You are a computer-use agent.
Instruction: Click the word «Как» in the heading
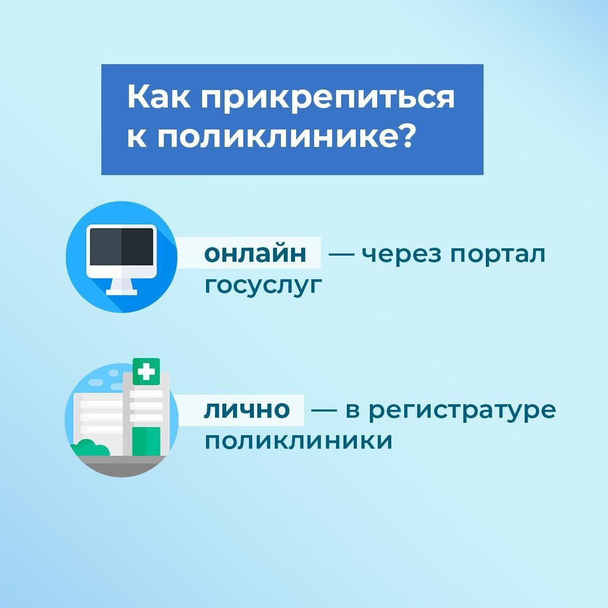click(x=159, y=97)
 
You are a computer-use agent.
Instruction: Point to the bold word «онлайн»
click(x=255, y=253)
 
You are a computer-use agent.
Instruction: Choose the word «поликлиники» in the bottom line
click(x=298, y=441)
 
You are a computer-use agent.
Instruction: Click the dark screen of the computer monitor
click(x=122, y=247)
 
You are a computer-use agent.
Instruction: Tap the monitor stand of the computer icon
click(x=122, y=287)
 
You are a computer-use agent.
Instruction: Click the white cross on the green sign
click(x=146, y=372)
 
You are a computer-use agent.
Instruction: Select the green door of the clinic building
click(x=146, y=442)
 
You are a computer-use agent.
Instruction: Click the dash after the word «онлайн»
click(x=341, y=254)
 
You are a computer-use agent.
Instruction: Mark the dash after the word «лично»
click(x=324, y=410)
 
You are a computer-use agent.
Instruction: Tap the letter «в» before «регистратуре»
click(x=352, y=410)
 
